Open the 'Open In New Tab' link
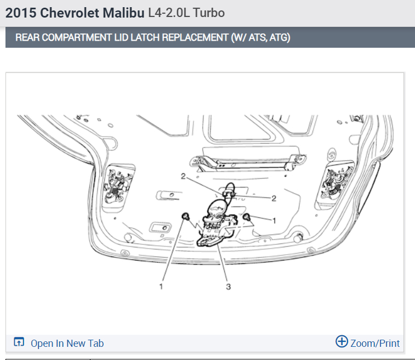67,344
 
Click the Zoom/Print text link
375,344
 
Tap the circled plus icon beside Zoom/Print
342,342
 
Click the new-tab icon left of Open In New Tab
19,343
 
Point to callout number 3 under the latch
228,286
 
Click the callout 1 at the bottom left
162,286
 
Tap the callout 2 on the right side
272,197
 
